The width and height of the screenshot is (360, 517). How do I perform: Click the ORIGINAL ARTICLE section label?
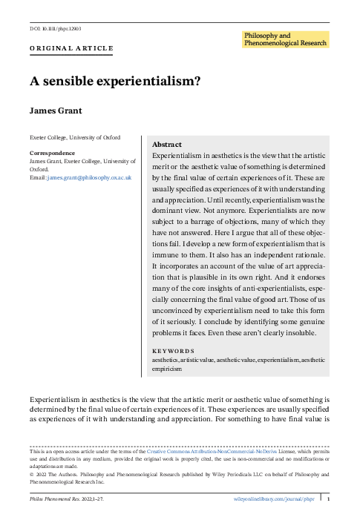coord(71,48)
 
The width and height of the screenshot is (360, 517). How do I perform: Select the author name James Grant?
coord(56,110)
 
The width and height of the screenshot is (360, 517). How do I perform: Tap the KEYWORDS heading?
coord(173,351)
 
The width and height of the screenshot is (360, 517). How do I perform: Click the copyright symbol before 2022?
coord(31,470)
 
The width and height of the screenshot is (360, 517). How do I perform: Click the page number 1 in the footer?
coord(329,498)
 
